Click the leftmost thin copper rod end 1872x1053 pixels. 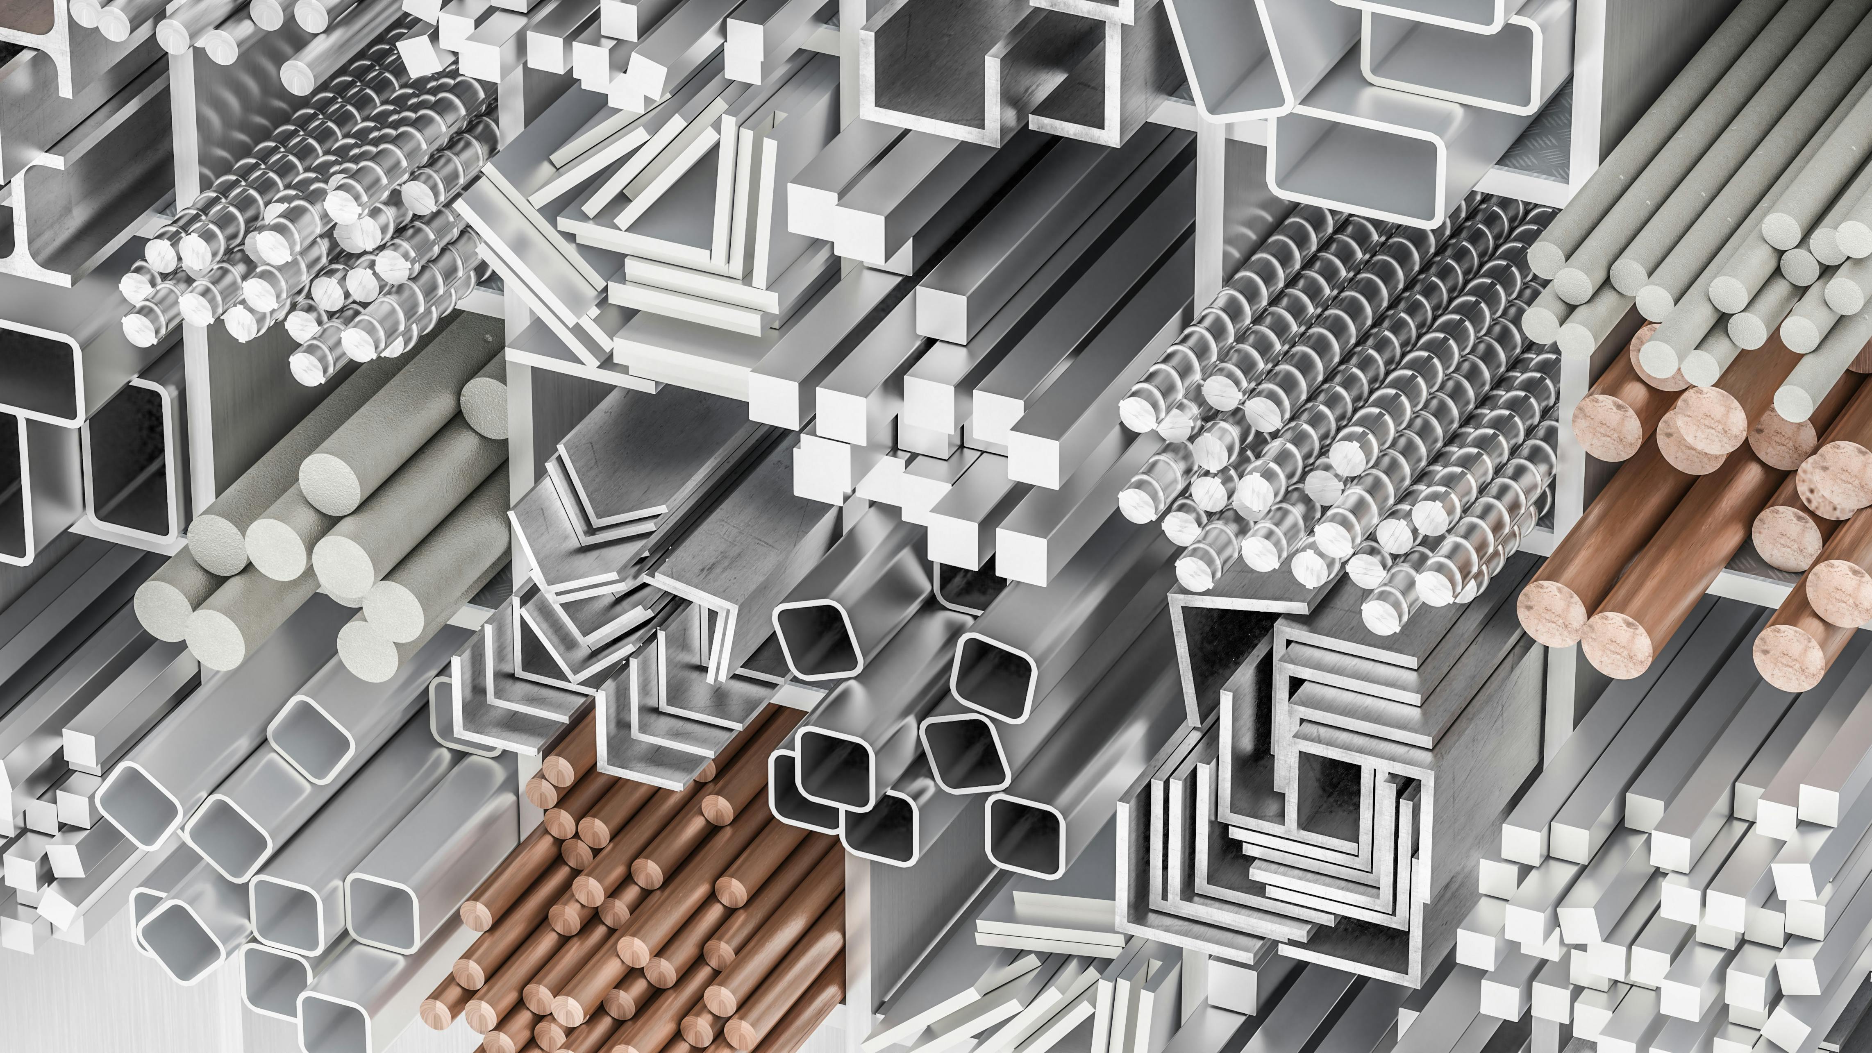click(438, 1010)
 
